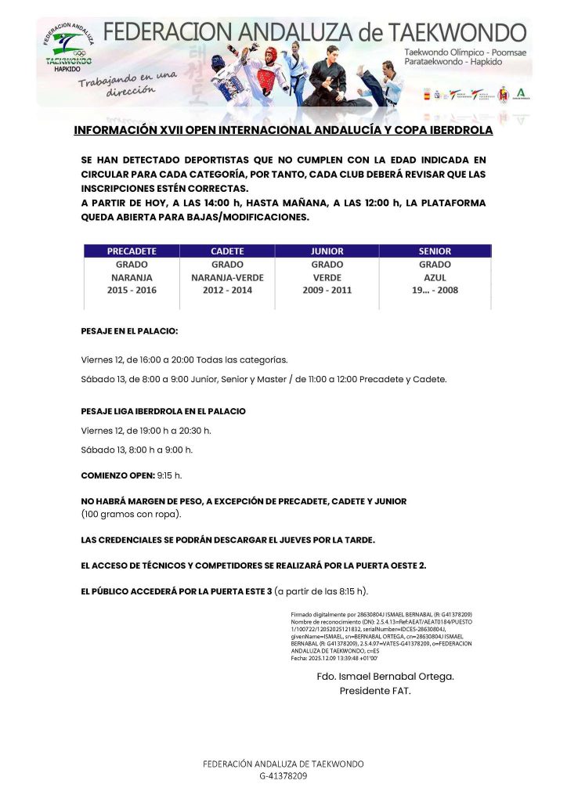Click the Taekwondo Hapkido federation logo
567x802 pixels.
[x=68, y=48]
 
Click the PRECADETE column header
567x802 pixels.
[x=132, y=251]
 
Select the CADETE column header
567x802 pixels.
[x=227, y=251]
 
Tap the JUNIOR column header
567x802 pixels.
[x=327, y=251]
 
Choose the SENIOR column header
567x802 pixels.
[x=435, y=251]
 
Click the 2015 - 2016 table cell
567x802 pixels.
[x=132, y=290]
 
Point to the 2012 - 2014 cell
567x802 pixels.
[x=227, y=290]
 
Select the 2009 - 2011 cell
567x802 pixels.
[x=327, y=290]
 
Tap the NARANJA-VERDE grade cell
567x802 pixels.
[x=227, y=277]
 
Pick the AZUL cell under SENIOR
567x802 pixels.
[x=435, y=277]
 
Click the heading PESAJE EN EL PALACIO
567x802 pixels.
[x=129, y=331]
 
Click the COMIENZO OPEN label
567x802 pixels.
[x=117, y=475]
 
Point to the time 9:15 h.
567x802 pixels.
[x=170, y=475]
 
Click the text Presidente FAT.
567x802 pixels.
[x=374, y=691]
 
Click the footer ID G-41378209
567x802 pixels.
[x=283, y=775]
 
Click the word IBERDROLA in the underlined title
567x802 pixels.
[x=454, y=130]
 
